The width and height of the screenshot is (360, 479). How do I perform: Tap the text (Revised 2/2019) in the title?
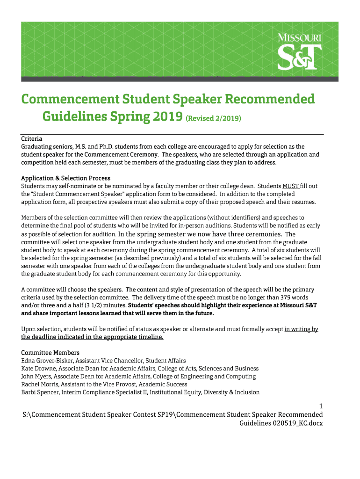point(214,118)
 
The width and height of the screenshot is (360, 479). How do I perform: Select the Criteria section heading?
point(32,139)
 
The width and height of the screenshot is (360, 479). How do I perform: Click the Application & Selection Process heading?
point(66,178)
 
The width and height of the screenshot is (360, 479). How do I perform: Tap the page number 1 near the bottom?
point(320,406)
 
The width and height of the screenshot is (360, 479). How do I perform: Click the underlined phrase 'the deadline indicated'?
point(58,337)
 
